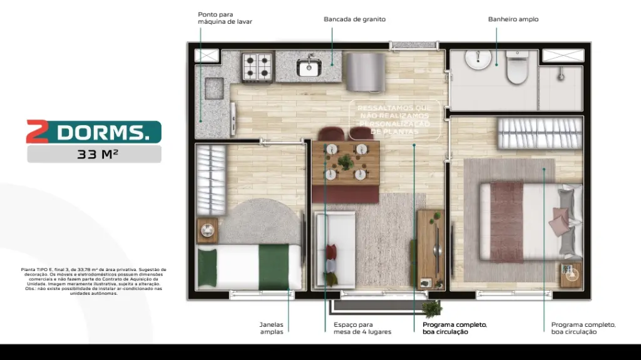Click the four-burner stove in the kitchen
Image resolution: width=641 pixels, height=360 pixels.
(x=257, y=66)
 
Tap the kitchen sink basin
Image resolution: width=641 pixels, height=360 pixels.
(x=309, y=68)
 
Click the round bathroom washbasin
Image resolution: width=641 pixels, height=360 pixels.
(x=479, y=58)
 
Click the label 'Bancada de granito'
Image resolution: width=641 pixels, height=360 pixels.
(x=354, y=19)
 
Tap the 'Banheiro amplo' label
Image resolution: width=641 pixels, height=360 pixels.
(x=513, y=19)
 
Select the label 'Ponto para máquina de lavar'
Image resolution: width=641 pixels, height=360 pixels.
(x=225, y=18)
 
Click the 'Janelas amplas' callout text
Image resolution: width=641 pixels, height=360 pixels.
(x=272, y=328)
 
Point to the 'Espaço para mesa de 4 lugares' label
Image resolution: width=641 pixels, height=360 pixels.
(x=362, y=328)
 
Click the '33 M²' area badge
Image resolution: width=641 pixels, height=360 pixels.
(x=94, y=154)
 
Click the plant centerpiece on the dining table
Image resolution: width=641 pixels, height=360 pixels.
(x=345, y=162)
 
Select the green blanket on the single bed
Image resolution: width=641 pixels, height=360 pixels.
(x=274, y=267)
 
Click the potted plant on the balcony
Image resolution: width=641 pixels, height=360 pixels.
(x=431, y=307)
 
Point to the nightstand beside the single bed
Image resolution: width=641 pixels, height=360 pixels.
(x=207, y=231)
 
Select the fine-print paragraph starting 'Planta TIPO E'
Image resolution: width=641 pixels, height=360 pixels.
(x=93, y=281)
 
